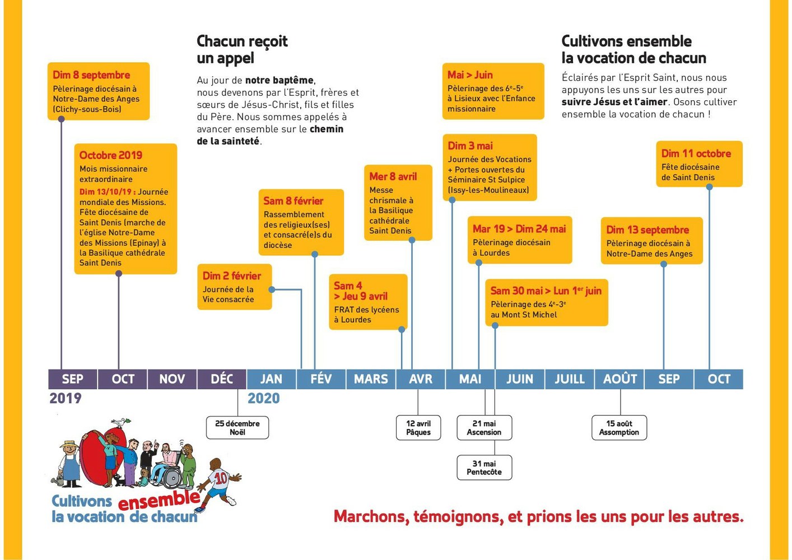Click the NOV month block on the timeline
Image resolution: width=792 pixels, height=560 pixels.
[172, 379]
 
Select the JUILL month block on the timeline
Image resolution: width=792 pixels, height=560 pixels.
[569, 379]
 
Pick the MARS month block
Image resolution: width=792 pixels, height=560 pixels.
[371, 379]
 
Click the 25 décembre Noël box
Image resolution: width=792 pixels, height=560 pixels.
[237, 428]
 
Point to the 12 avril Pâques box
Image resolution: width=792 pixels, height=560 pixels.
[418, 428]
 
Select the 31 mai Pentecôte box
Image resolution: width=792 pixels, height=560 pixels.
[484, 468]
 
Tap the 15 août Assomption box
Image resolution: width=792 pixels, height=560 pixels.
[619, 428]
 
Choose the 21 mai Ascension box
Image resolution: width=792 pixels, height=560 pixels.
[484, 428]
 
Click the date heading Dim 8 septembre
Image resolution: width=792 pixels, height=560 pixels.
[91, 75]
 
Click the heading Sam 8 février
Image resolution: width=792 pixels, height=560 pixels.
[293, 201]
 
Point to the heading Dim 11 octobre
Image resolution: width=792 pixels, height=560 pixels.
[696, 153]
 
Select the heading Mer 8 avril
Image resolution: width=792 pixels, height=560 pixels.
[393, 176]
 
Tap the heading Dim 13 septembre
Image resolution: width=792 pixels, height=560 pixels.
[647, 230]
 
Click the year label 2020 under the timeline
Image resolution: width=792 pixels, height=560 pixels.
[263, 398]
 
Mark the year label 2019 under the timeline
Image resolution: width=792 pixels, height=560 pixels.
[66, 398]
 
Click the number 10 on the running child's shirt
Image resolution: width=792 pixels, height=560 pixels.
[221, 478]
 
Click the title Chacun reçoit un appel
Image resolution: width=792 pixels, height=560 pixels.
[242, 49]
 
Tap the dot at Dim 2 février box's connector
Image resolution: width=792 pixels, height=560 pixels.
[272, 290]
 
